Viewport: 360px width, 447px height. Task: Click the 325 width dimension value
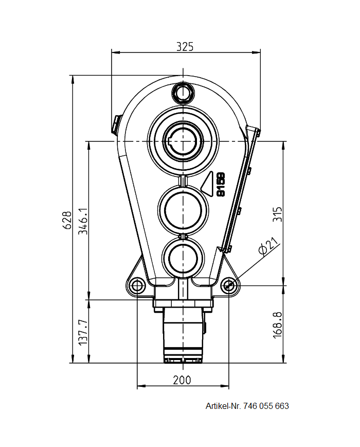185,46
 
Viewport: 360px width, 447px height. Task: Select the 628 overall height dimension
66,220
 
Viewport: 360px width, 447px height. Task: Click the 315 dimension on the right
277,214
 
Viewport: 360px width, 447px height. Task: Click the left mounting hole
137,285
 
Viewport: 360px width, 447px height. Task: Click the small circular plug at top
183,93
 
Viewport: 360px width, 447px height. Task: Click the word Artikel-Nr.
223,406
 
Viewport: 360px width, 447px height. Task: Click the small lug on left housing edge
116,123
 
